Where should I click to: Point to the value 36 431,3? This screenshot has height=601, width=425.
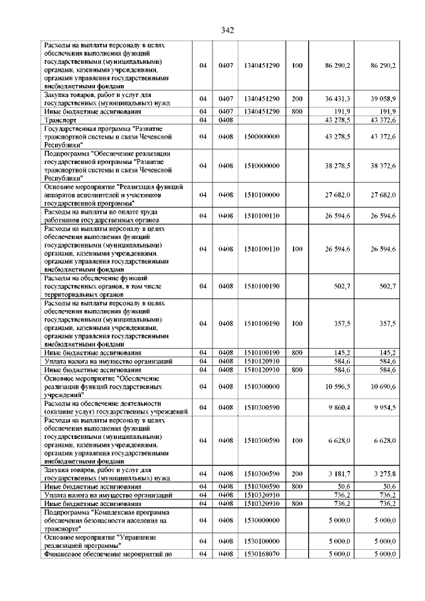[x=337, y=98]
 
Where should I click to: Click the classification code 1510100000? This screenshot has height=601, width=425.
[x=261, y=195]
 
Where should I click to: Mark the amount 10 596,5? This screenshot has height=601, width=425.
[x=337, y=386]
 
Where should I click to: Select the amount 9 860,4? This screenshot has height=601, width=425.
[x=338, y=406]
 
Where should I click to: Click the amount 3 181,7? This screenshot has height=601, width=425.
[x=338, y=473]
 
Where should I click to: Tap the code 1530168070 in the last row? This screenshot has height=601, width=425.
[x=261, y=553]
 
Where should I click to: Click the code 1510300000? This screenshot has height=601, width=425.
[x=261, y=386]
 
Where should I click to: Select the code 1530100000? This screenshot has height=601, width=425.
[x=261, y=541]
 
